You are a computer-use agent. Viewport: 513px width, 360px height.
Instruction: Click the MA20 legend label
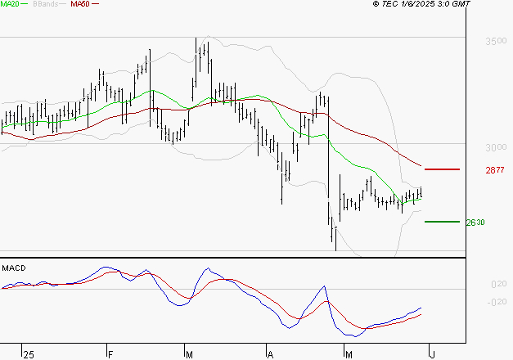pyautogui.click(x=11, y=4)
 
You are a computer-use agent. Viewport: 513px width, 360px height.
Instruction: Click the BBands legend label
pyautogui.click(x=42, y=4)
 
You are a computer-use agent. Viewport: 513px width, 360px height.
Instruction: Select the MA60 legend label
pyautogui.click(x=79, y=4)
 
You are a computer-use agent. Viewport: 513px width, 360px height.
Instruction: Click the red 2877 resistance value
pyautogui.click(x=495, y=170)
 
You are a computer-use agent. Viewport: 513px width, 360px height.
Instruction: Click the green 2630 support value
pyautogui.click(x=475, y=223)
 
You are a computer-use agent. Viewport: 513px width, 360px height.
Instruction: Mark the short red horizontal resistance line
pyautogui.click(x=443, y=169)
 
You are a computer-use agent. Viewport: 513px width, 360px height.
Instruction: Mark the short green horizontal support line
pyautogui.click(x=441, y=221)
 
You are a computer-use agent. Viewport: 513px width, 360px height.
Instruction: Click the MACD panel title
pyautogui.click(x=14, y=268)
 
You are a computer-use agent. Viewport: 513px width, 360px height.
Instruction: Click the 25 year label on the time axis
pyautogui.click(x=29, y=354)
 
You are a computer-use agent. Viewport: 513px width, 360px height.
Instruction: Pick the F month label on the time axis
pyautogui.click(x=110, y=354)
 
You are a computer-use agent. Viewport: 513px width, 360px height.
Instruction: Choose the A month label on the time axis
pyautogui.click(x=270, y=354)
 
